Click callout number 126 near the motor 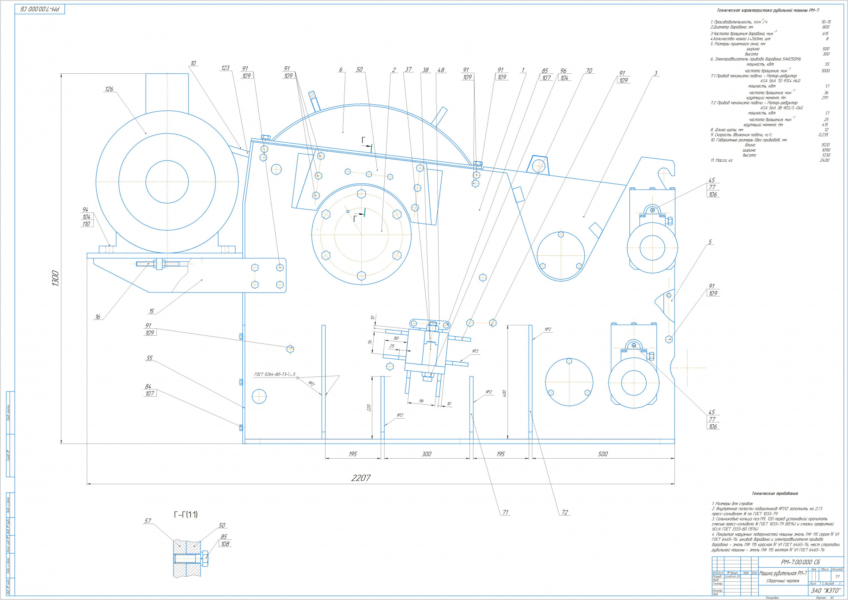click(109, 89)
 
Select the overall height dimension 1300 click(55, 278)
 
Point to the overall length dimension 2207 click(361, 478)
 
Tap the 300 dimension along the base click(426, 454)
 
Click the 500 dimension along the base click(602, 454)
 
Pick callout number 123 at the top click(225, 68)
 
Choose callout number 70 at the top click(589, 71)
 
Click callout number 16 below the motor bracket click(98, 317)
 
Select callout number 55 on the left click(149, 358)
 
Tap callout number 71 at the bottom click(505, 513)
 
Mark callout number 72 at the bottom click(564, 513)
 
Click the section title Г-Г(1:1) click(185, 515)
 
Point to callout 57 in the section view click(148, 521)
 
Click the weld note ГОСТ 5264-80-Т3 click(274, 375)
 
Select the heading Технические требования click(775, 494)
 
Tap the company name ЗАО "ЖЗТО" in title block click(825, 591)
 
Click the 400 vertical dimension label click(504, 393)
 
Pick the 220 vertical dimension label click(369, 408)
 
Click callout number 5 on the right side click(710, 242)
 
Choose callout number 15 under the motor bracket click(151, 311)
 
